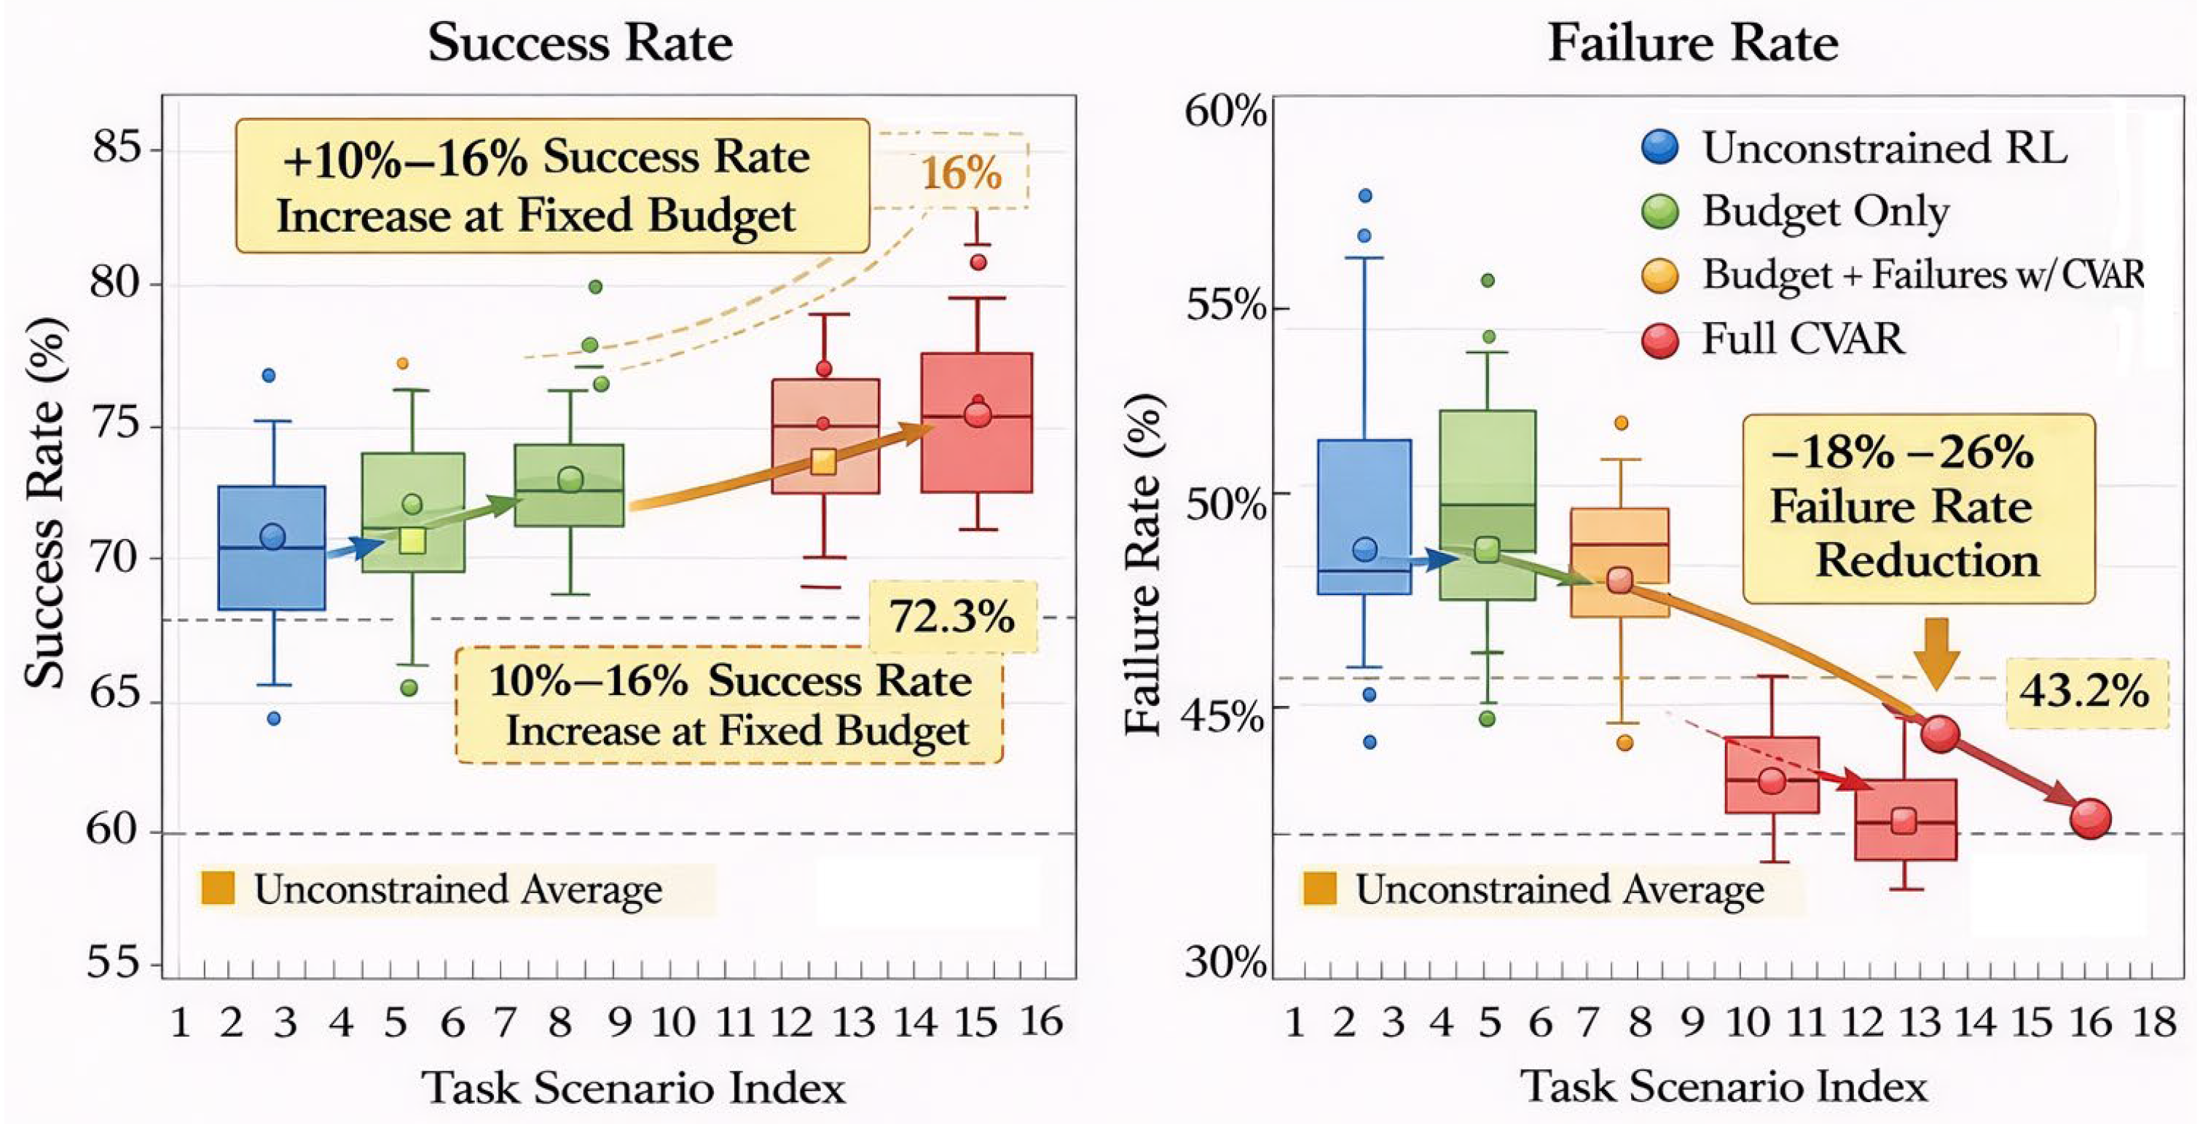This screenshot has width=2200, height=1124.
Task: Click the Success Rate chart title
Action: (x=580, y=43)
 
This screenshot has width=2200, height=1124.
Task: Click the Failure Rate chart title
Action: (x=1693, y=43)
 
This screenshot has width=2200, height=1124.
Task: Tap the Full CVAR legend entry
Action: (x=1802, y=339)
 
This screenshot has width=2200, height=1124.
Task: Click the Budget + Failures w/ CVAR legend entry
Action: (x=1922, y=275)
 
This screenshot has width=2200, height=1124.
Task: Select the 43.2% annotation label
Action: (x=2085, y=691)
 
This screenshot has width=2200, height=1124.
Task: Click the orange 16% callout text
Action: (x=961, y=174)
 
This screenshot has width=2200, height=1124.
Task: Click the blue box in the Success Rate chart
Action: (x=272, y=548)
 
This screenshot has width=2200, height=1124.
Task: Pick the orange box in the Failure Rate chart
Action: (x=1619, y=562)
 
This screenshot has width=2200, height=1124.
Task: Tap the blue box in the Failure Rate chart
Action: (x=1364, y=516)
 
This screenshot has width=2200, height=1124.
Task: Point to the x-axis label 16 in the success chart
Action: (x=1041, y=1022)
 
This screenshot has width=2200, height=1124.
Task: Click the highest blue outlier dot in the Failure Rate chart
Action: (x=1364, y=196)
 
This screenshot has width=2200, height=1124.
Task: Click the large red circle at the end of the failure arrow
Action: (x=2091, y=818)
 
